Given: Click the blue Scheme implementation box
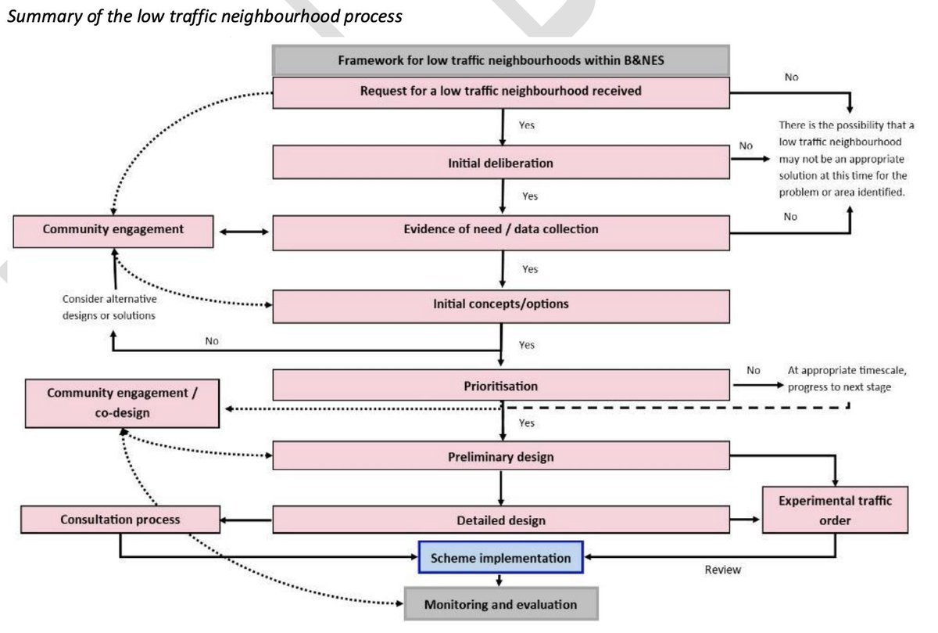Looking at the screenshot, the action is [x=500, y=557].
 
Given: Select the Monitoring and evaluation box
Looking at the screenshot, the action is [x=501, y=603].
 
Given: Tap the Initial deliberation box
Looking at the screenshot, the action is [x=501, y=162].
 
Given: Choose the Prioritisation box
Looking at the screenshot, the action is [x=501, y=385].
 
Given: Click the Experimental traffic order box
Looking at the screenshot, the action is [x=835, y=509].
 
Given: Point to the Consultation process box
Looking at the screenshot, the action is [x=120, y=520].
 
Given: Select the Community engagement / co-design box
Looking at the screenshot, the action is [x=122, y=403].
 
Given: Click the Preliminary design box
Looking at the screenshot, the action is [x=501, y=455].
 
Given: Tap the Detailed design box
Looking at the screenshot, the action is [x=501, y=520].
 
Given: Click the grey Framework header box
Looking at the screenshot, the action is [x=501, y=60].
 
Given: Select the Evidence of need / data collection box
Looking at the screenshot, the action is [x=501, y=232].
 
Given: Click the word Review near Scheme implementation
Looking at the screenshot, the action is [x=723, y=570].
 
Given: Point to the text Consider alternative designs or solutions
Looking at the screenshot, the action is [x=109, y=307].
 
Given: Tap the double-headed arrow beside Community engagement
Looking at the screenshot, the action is [x=244, y=232].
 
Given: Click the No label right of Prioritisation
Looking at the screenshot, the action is [x=753, y=370].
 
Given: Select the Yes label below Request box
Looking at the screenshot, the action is [x=526, y=125].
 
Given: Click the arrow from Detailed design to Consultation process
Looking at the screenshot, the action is [x=246, y=520].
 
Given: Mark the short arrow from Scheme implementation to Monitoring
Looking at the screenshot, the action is [x=499, y=580].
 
